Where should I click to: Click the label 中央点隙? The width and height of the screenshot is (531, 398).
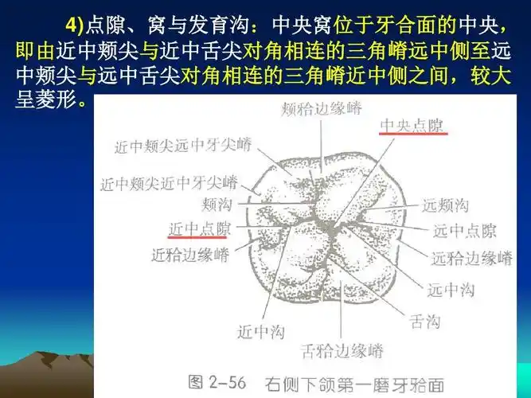(413, 125)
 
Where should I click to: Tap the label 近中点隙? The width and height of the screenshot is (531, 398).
(200, 229)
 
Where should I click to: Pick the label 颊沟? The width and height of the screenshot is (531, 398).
(217, 204)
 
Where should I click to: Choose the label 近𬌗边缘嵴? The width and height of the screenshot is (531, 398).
(190, 255)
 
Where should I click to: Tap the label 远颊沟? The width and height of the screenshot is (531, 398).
(447, 205)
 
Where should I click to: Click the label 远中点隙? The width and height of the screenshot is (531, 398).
(464, 232)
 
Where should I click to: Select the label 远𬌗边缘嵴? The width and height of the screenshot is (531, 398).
(471, 259)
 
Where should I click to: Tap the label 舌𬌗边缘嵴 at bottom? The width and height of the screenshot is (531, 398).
(343, 350)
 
